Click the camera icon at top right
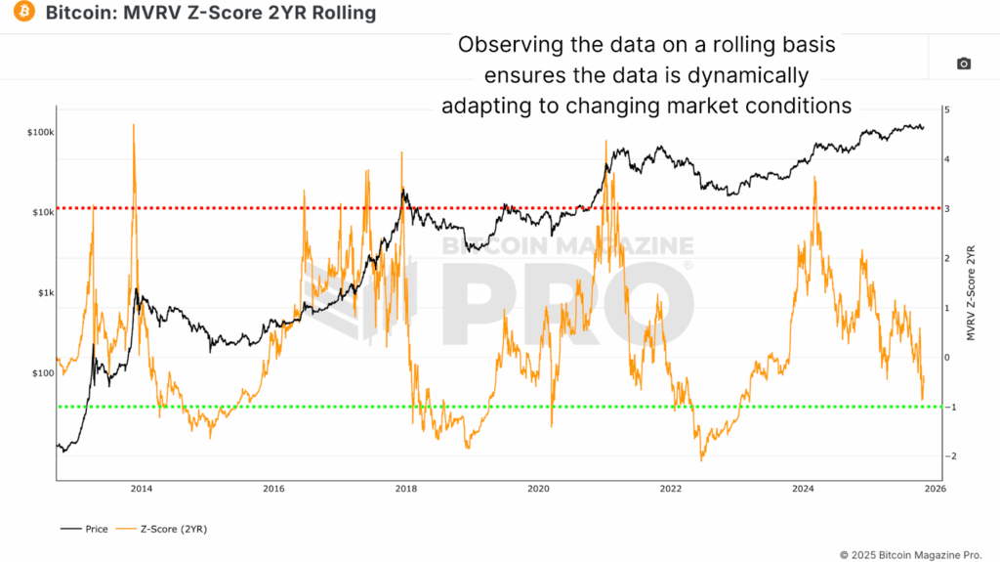coord(963,64)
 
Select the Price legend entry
coord(89,529)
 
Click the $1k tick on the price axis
coord(44,293)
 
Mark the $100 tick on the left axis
coord(42,373)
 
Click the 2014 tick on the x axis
coord(141,488)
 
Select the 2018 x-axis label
coord(405,488)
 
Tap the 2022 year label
coord(670,488)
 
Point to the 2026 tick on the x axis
coord(935,488)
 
